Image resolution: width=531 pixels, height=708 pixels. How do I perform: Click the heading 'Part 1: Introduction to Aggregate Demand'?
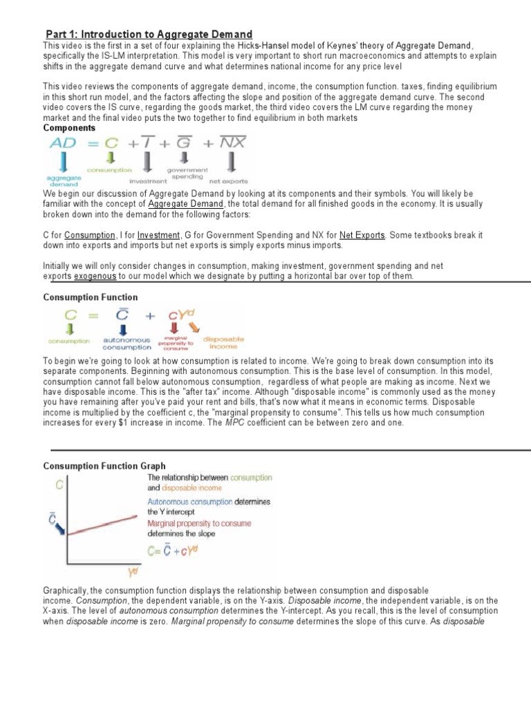click(x=149, y=35)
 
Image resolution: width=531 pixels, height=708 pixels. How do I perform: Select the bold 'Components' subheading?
click(x=70, y=129)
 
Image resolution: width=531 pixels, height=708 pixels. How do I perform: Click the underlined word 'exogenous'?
click(x=90, y=276)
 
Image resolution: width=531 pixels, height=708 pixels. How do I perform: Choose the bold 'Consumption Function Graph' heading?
click(x=104, y=466)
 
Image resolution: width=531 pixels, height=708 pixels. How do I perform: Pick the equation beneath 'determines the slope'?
click(x=178, y=549)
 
